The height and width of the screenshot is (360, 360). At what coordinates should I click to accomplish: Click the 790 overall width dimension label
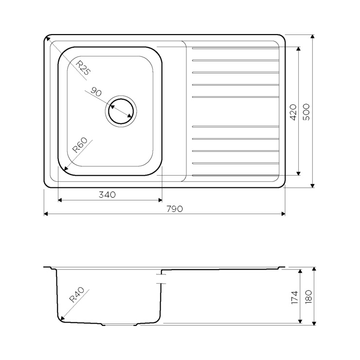[175, 209]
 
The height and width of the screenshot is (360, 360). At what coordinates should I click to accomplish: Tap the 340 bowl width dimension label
[107, 195]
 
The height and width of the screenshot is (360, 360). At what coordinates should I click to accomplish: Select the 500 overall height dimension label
[306, 112]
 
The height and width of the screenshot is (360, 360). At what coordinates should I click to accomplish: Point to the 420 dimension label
[293, 112]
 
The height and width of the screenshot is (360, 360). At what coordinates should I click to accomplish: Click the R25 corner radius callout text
[83, 68]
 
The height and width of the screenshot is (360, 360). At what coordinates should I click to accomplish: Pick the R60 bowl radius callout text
[80, 145]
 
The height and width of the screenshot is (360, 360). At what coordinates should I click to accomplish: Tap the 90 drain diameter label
[96, 92]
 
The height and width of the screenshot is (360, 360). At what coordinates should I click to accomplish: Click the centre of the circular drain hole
[121, 111]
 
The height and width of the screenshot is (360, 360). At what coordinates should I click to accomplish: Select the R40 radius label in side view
[77, 295]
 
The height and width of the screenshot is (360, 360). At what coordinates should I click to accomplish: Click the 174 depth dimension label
[294, 298]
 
